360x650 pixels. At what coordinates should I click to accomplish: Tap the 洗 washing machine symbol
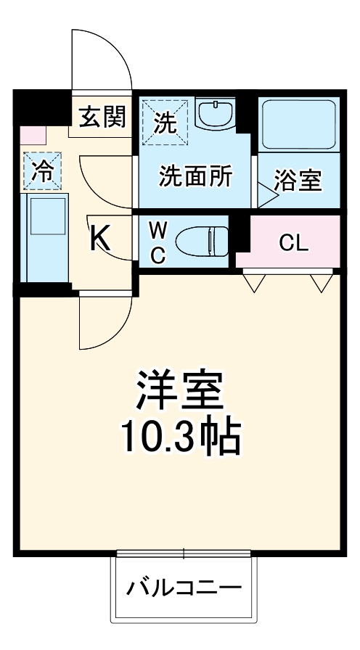[x=165, y=123]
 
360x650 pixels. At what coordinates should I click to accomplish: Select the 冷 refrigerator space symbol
[x=42, y=170]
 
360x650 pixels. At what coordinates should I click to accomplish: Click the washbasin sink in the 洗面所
[x=216, y=115]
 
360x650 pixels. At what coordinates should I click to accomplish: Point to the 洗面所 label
[x=196, y=177]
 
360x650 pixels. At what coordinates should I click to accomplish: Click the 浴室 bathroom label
[x=298, y=181]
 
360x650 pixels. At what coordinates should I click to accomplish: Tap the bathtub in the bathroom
[x=299, y=124]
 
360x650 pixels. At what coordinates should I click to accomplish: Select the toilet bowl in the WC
[x=202, y=242]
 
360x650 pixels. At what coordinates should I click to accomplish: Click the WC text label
[x=158, y=242]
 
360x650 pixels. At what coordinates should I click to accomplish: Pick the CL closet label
[x=294, y=243]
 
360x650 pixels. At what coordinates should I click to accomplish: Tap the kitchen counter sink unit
[x=45, y=237]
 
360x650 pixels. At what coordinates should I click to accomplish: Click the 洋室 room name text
[x=180, y=390]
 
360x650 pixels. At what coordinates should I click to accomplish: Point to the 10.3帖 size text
[x=181, y=437]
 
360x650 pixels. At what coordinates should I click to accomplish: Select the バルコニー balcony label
[x=184, y=587]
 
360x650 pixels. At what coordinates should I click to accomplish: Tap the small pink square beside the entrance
[x=33, y=134]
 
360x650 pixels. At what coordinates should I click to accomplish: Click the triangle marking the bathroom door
[x=267, y=195]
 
